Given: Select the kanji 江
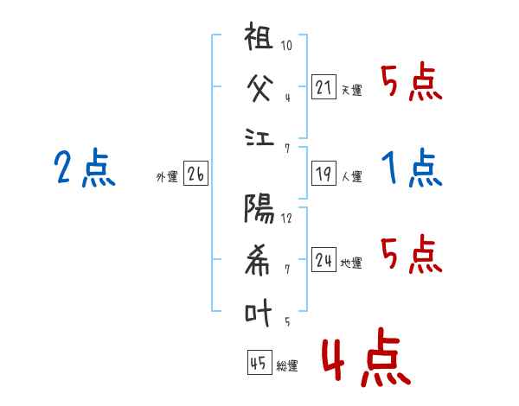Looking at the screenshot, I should click(x=260, y=138).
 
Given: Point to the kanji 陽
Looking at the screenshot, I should click(x=260, y=210).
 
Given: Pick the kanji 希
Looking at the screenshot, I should click(x=260, y=260).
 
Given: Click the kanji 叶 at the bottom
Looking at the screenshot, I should click(x=260, y=310).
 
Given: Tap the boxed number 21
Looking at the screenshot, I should click(x=324, y=86).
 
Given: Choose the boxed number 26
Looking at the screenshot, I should click(x=195, y=174).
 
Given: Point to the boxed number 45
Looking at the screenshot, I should click(x=259, y=364).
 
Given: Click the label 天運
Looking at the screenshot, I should click(x=351, y=90).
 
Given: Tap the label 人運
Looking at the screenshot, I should click(x=351, y=177).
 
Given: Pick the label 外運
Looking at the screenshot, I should click(x=167, y=177).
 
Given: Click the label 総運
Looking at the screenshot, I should click(x=287, y=366).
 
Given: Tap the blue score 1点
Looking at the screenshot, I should click(x=411, y=168).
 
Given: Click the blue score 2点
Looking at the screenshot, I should click(x=85, y=168).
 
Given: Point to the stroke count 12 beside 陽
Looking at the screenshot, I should click(x=287, y=218).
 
